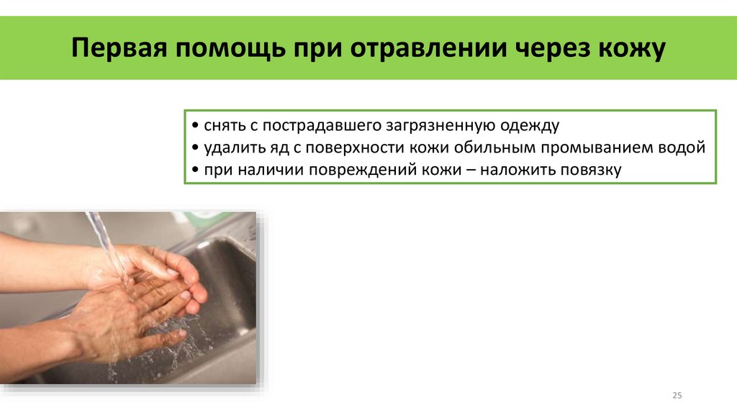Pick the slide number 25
coord(677,395)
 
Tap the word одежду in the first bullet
coord(528,125)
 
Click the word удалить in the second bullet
coord(229,147)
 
